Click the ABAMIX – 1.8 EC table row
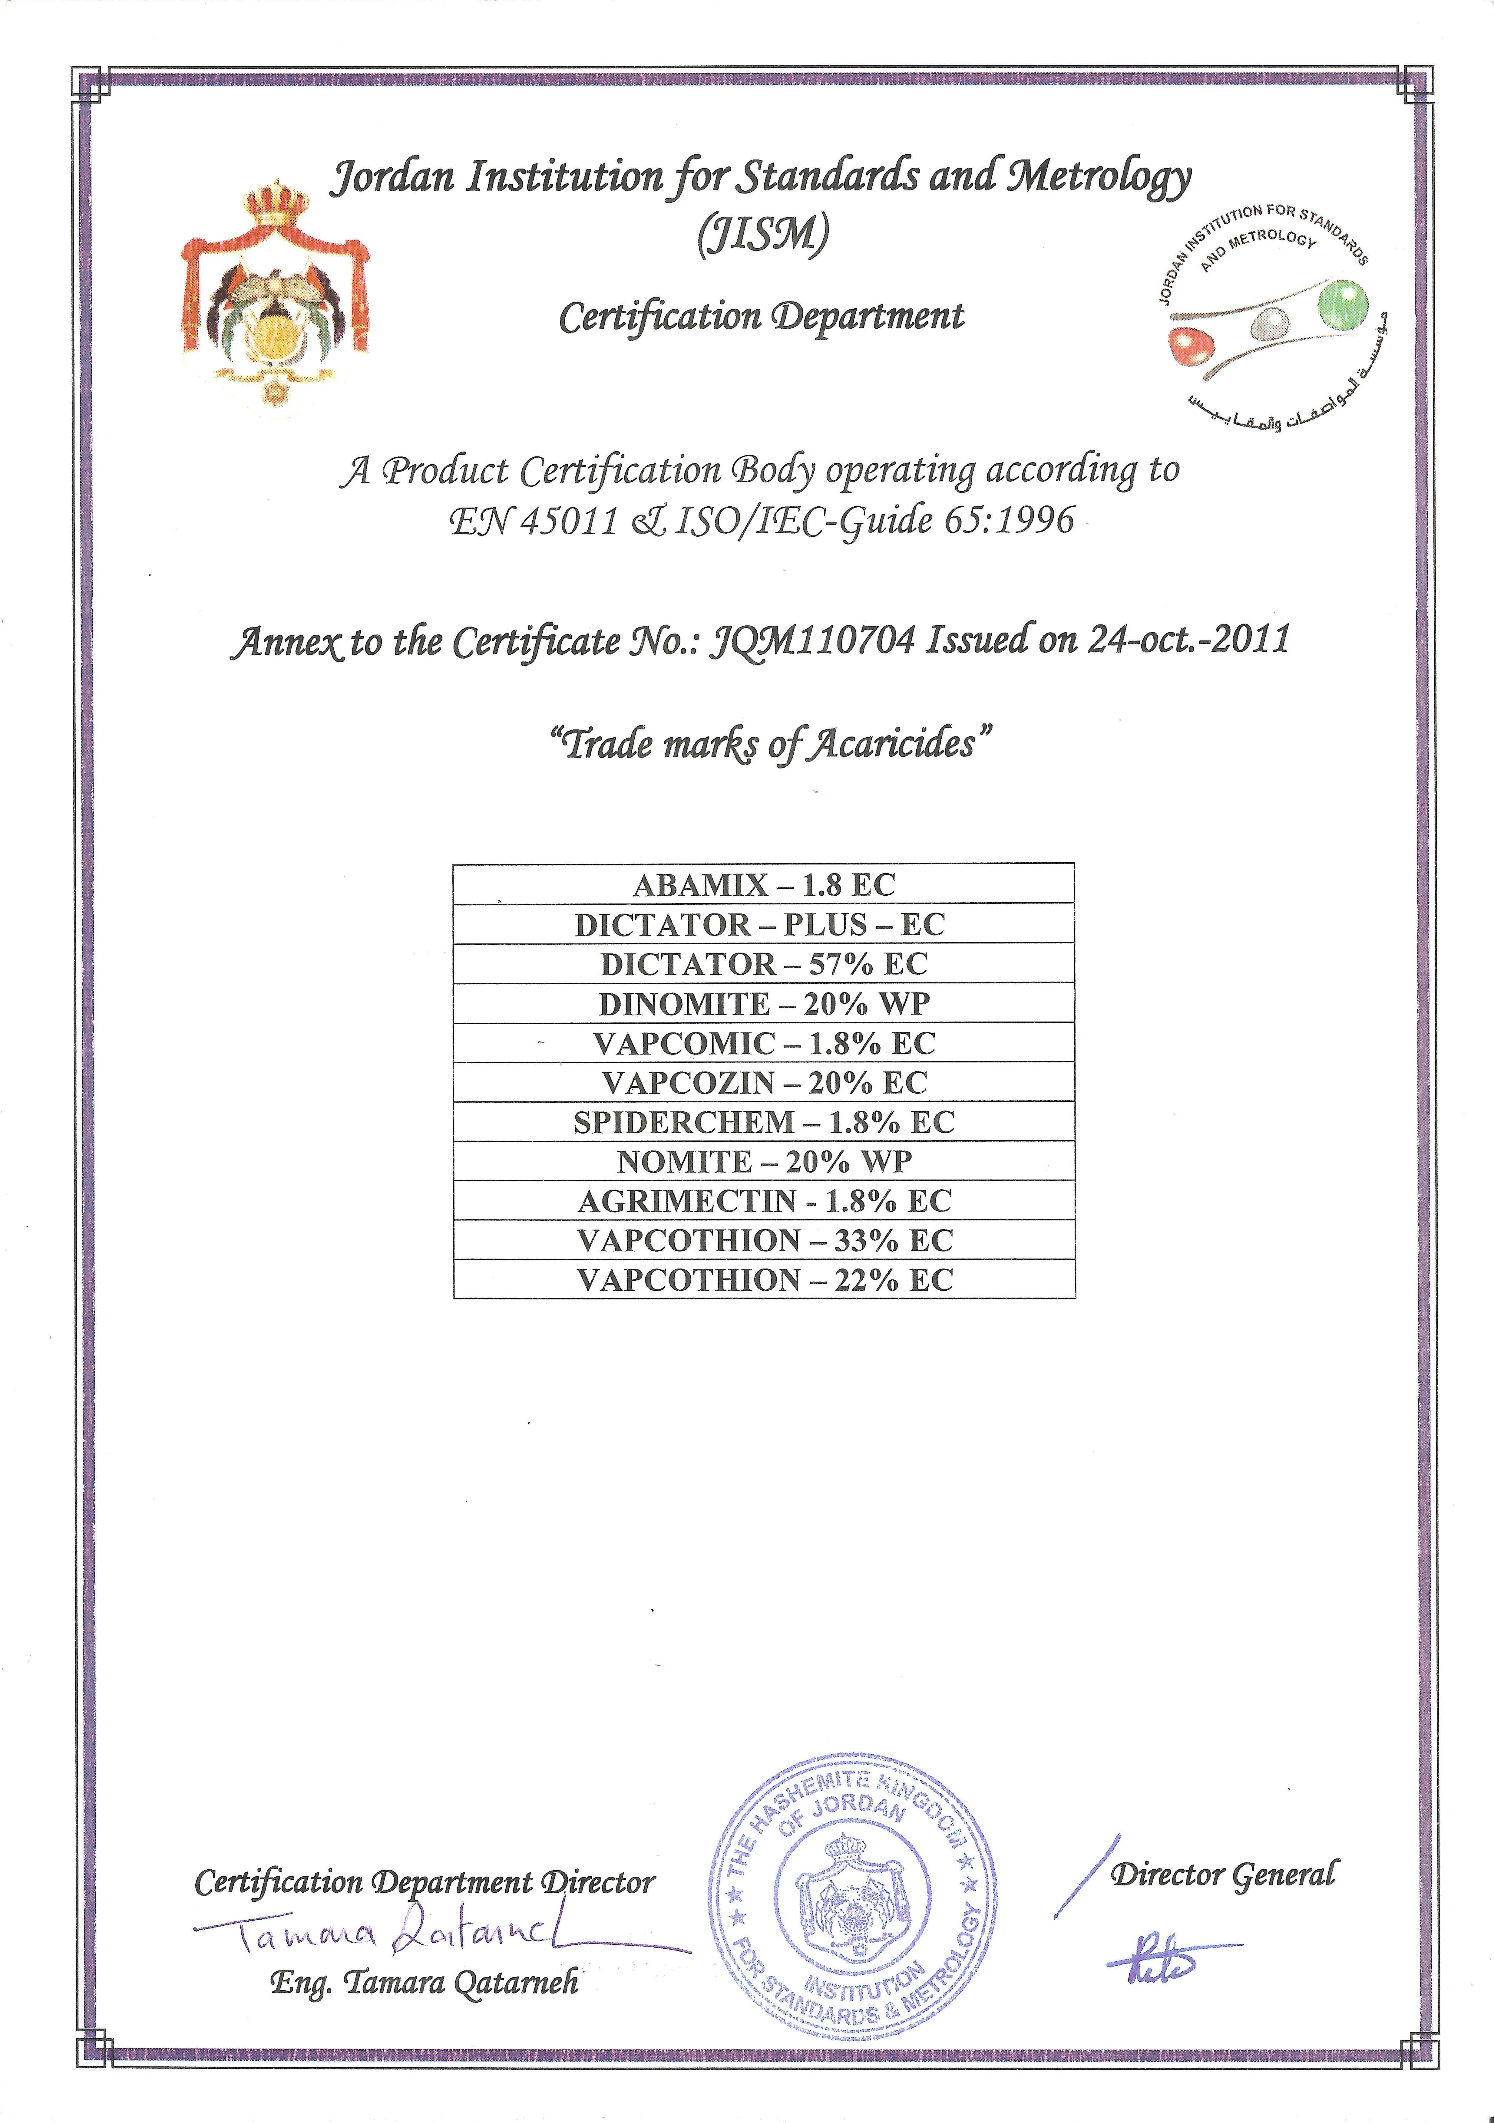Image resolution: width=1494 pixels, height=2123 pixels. point(763,885)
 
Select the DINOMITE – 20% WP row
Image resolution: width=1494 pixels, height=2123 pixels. point(763,1003)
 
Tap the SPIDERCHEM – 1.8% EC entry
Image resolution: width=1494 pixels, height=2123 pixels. point(763,1122)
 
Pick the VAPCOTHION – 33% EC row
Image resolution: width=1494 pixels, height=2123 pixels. point(763,1240)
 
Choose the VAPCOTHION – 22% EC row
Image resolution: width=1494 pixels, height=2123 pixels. point(763,1280)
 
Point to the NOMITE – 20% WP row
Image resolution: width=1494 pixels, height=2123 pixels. point(763,1161)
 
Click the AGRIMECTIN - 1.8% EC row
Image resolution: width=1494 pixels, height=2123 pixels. point(763,1200)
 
